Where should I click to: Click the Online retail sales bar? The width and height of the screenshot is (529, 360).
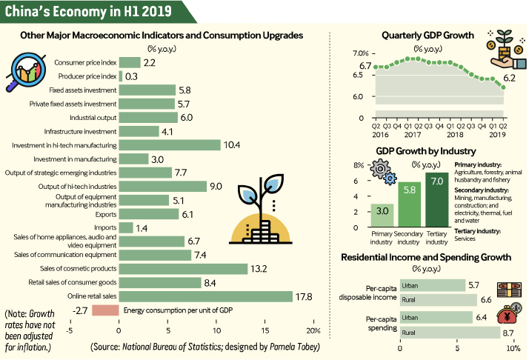click(205, 296)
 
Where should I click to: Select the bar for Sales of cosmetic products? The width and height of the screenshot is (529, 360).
click(182, 268)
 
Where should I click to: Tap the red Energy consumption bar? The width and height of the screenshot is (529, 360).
click(106, 310)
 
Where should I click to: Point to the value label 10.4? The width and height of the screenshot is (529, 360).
click(232, 145)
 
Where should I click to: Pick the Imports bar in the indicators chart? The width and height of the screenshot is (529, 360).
click(126, 227)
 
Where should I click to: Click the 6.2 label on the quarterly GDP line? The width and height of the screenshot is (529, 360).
click(510, 78)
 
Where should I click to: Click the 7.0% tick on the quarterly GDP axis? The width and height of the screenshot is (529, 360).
click(359, 54)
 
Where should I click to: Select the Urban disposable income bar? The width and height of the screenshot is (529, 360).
click(432, 285)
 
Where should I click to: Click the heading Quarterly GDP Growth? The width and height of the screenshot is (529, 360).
click(427, 35)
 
